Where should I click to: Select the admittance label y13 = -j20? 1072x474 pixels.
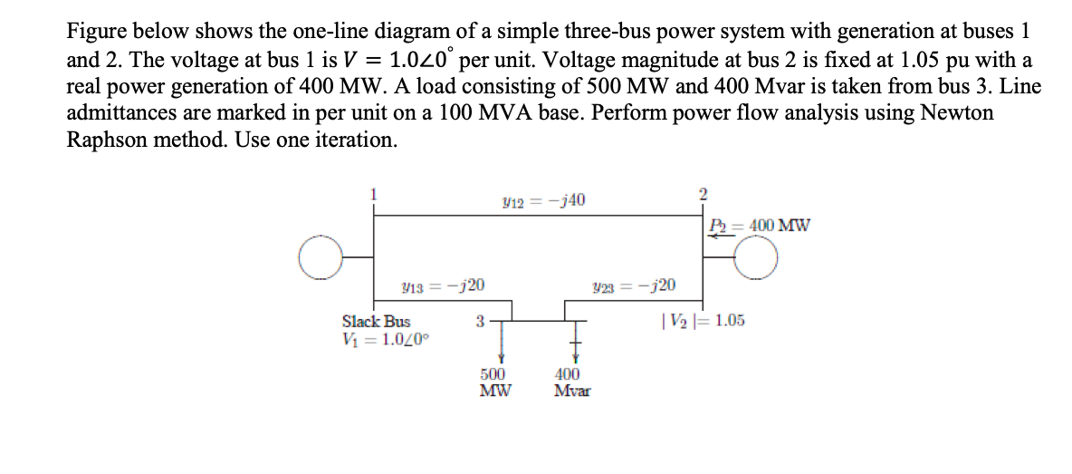click(442, 286)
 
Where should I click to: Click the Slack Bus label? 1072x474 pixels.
click(376, 321)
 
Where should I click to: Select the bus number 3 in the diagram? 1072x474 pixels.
click(480, 320)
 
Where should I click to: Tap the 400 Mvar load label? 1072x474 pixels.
click(571, 382)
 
